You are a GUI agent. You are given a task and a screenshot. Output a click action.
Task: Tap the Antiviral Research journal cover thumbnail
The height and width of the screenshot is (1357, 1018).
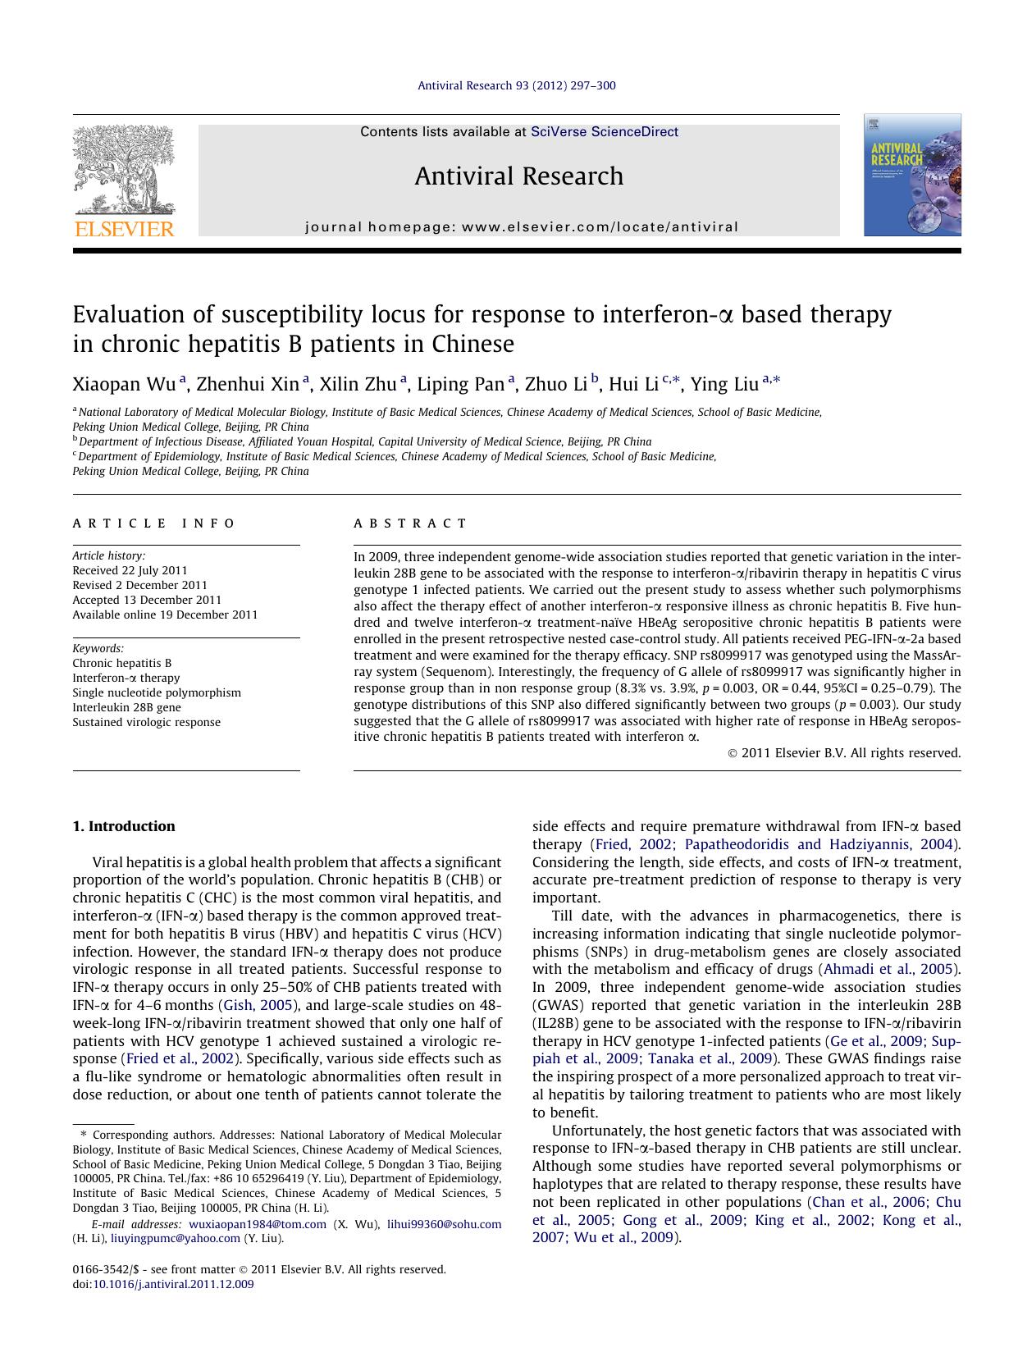(x=911, y=175)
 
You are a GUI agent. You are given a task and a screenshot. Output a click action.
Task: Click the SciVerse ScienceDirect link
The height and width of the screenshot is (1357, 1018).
(x=604, y=131)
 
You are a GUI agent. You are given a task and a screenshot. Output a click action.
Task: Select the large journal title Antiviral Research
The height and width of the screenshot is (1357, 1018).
(x=518, y=176)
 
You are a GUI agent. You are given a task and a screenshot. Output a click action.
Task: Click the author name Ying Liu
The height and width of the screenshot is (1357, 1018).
(x=724, y=384)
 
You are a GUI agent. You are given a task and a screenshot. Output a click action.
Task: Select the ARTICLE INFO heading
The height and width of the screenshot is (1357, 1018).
(x=153, y=523)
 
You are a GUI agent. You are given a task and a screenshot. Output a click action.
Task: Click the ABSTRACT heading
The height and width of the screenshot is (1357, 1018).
(x=410, y=523)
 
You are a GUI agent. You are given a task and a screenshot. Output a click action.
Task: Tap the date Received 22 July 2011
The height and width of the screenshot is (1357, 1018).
(x=130, y=570)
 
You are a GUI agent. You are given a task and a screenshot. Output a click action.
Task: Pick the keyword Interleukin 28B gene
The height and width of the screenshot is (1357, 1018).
(x=126, y=707)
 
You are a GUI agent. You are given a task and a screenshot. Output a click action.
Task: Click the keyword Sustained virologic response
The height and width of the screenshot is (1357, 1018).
(x=146, y=722)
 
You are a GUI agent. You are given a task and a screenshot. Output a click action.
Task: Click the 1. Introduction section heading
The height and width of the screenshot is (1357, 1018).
(x=124, y=826)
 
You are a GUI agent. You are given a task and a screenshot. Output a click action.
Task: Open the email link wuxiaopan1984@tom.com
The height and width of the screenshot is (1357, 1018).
(x=257, y=1224)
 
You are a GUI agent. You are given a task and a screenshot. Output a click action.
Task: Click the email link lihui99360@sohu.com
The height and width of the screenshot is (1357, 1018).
(x=444, y=1224)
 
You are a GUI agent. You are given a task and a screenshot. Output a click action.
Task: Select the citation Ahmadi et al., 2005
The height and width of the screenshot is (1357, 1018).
(x=888, y=969)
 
